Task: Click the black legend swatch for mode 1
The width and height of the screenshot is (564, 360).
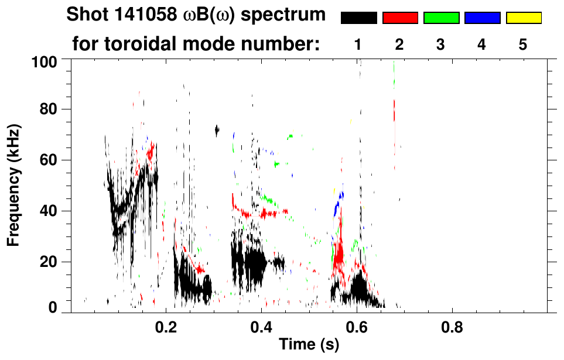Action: [359, 18]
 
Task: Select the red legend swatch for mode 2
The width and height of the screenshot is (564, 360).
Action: [400, 18]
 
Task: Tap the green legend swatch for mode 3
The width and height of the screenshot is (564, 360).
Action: [441, 18]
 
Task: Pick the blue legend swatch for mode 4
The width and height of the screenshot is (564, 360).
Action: [482, 18]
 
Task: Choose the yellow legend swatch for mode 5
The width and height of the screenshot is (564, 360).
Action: [524, 18]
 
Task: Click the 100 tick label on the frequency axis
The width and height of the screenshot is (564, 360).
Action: [46, 60]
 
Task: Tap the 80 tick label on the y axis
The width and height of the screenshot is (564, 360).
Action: [51, 109]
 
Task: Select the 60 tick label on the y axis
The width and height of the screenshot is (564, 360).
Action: [51, 160]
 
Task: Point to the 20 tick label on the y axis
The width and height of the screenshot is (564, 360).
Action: [51, 262]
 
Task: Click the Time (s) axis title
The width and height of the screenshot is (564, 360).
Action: [309, 345]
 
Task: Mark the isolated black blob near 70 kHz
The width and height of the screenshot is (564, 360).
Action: [217, 130]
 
